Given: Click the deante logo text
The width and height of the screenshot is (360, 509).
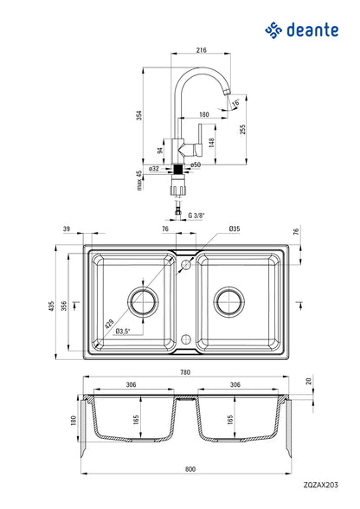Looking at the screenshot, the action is (312, 30).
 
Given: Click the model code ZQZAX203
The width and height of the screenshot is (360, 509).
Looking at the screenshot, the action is (321, 485).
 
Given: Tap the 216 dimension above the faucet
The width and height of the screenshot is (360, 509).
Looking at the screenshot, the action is (202, 50).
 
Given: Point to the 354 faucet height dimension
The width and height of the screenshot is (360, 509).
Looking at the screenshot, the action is (139, 116).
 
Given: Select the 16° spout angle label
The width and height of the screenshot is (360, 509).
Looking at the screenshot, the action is (235, 103).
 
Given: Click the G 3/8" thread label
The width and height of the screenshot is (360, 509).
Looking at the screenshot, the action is (196, 216).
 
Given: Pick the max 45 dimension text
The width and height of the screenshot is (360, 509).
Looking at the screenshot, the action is (139, 180).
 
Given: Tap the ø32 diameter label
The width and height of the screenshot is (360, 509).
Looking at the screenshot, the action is (154, 169).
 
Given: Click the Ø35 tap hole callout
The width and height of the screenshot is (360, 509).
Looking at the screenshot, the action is (234, 229).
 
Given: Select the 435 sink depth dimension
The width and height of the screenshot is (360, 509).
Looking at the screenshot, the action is (51, 306).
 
